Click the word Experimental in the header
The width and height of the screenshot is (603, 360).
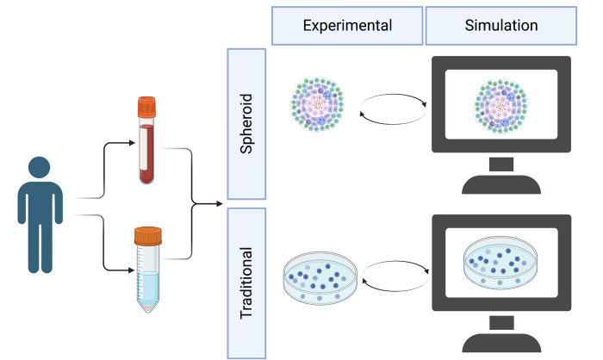click(347, 26)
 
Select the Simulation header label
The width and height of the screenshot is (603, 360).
click(501, 25)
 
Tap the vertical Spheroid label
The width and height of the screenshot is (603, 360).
click(246, 124)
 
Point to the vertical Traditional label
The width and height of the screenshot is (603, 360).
click(246, 283)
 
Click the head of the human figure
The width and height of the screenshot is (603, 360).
click(40, 167)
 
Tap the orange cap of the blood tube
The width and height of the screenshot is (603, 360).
click(147, 107)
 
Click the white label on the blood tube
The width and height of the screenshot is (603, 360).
click(144, 148)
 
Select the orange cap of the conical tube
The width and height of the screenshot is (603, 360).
click(148, 236)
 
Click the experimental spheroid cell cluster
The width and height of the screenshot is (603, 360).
click(317, 104)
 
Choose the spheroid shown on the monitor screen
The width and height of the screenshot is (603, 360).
click(500, 106)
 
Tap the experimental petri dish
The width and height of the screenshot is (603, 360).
click(320, 278)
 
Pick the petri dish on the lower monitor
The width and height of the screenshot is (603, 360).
click(500, 263)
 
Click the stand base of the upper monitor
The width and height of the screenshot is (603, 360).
click(501, 184)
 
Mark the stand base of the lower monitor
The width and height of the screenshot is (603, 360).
click(501, 343)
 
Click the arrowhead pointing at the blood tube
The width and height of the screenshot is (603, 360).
click(132, 143)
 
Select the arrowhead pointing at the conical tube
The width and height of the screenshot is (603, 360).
click(131, 270)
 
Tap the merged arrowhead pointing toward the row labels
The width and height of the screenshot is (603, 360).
click(220, 203)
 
